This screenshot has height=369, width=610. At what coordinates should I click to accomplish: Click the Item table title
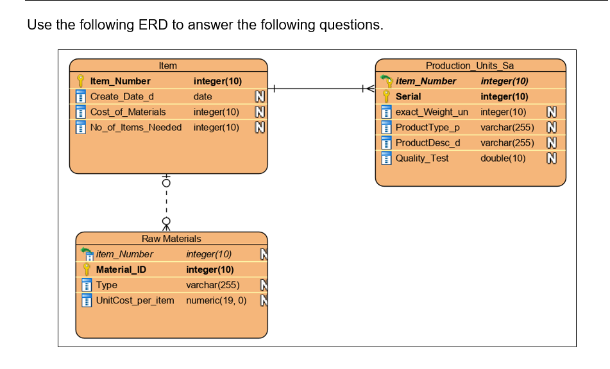[168, 65]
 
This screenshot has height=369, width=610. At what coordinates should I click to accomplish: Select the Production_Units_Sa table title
[470, 65]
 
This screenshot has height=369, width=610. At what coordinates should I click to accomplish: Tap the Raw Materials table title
[171, 239]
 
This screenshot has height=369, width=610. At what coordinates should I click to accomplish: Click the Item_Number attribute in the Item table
[120, 81]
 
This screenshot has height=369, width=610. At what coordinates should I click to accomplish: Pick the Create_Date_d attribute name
[122, 96]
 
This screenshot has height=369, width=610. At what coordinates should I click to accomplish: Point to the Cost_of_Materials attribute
[128, 112]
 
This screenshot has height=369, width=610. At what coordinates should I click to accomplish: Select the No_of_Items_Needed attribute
[136, 127]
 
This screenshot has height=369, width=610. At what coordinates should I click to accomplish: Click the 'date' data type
[203, 96]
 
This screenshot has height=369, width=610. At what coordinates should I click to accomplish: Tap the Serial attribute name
[408, 96]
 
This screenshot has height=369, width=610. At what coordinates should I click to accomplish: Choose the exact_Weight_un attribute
[432, 112]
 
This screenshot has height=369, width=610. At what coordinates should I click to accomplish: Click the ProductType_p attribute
[427, 127]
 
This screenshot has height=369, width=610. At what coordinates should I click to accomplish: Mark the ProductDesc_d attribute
[428, 142]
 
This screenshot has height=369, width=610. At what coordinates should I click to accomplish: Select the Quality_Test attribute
[422, 158]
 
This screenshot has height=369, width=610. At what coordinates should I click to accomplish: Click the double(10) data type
[503, 158]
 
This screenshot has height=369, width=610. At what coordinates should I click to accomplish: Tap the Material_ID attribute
[121, 270]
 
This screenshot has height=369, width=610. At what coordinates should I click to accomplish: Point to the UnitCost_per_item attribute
[135, 300]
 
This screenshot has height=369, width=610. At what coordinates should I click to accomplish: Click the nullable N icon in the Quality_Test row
[551, 158]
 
